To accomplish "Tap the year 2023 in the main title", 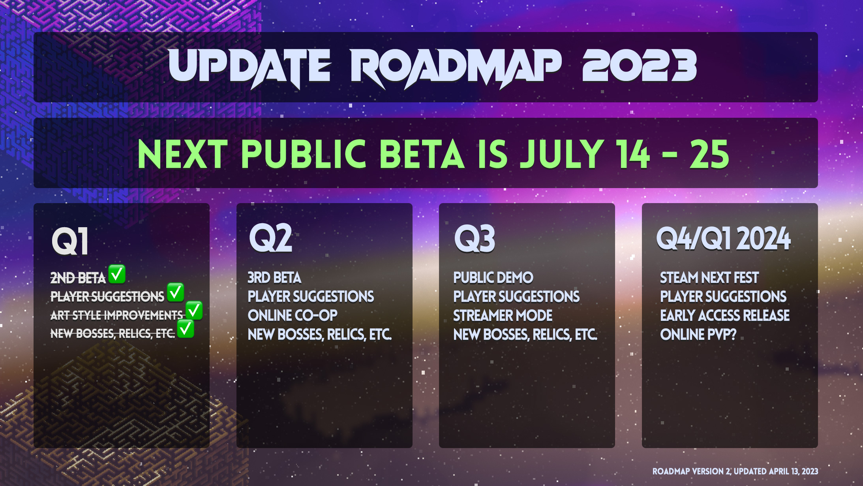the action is click(x=640, y=65).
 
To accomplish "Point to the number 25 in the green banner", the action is click(x=709, y=154).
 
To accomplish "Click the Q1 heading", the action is click(x=70, y=241).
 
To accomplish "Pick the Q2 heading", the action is click(x=271, y=238).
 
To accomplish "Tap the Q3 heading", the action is click(x=475, y=239).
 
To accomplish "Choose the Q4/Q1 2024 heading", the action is click(x=723, y=239).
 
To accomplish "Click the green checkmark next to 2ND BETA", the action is click(x=117, y=274).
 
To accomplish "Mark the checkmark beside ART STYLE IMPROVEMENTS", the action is click(x=194, y=311).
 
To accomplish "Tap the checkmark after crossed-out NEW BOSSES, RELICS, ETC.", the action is click(x=186, y=329).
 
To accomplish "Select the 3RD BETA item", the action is click(x=274, y=278).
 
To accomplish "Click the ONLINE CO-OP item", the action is click(x=293, y=316).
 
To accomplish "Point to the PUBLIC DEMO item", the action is click(x=493, y=278).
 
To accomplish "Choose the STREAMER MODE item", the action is click(x=503, y=316).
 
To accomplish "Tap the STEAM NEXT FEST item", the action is click(x=709, y=278).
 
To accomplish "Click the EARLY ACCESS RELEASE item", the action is click(x=725, y=316).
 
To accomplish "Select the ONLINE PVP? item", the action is click(x=698, y=335).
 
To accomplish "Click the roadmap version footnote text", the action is click(x=735, y=471).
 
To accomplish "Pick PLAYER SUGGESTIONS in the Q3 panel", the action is click(x=516, y=297).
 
